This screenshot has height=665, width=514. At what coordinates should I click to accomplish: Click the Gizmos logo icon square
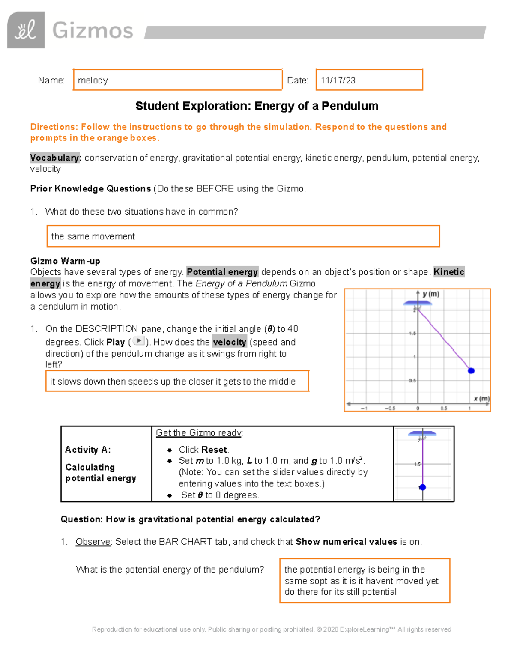(x=26, y=30)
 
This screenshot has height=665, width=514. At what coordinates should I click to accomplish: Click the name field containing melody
(x=177, y=80)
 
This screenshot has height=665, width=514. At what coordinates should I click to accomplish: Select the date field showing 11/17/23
(x=369, y=80)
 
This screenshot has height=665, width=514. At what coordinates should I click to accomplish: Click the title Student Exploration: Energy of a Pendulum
(x=257, y=106)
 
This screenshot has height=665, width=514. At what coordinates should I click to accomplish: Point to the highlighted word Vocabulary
(x=55, y=158)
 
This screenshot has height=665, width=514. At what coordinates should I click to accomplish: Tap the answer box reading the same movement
(x=243, y=236)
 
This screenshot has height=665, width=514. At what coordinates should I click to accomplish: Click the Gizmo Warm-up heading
(x=65, y=261)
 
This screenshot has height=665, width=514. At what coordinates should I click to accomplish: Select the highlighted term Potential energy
(x=222, y=272)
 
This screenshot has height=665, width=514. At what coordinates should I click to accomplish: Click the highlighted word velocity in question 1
(x=230, y=342)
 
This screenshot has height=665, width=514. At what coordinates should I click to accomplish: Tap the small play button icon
(x=138, y=341)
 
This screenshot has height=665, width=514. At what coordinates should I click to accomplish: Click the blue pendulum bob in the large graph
(x=471, y=371)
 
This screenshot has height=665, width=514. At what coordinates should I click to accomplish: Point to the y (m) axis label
(x=431, y=294)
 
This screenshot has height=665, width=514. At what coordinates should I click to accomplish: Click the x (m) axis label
(x=481, y=399)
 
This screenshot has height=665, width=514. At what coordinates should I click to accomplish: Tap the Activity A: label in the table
(x=88, y=450)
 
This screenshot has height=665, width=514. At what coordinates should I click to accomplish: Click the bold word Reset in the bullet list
(x=215, y=450)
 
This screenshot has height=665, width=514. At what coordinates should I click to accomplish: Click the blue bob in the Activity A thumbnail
(x=422, y=487)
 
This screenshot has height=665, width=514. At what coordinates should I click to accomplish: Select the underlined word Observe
(x=93, y=542)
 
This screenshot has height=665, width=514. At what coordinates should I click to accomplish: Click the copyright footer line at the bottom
(x=272, y=629)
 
